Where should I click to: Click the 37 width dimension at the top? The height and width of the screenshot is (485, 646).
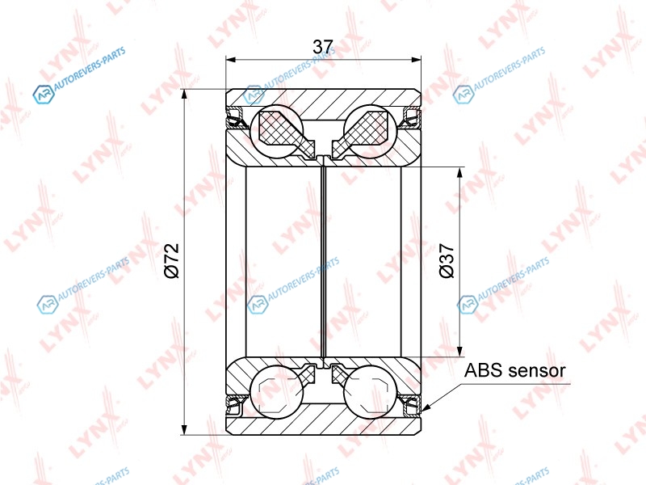322,47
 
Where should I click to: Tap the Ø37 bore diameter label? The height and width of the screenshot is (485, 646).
447,260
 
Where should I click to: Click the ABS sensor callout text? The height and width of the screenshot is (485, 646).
514,370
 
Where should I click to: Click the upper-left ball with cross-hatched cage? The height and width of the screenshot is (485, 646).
277,131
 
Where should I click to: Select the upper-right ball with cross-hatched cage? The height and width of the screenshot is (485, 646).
371,131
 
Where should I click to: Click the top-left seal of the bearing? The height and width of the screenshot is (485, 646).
236,117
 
